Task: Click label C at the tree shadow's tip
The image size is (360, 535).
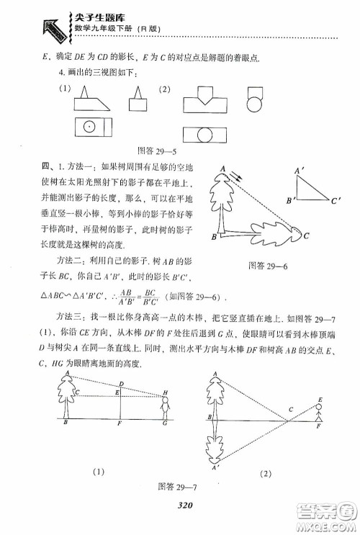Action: coord(306,235)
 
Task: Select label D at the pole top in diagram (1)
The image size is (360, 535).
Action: coord(121,384)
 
